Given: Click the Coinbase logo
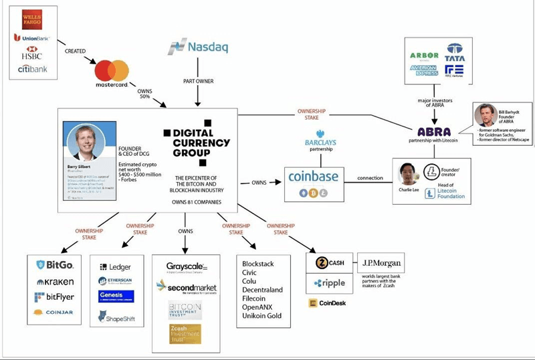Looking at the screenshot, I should (x=313, y=177).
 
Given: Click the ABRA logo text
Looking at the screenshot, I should (x=433, y=132).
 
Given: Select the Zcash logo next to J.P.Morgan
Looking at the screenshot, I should (x=328, y=263).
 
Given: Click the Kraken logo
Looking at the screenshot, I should (x=56, y=282).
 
